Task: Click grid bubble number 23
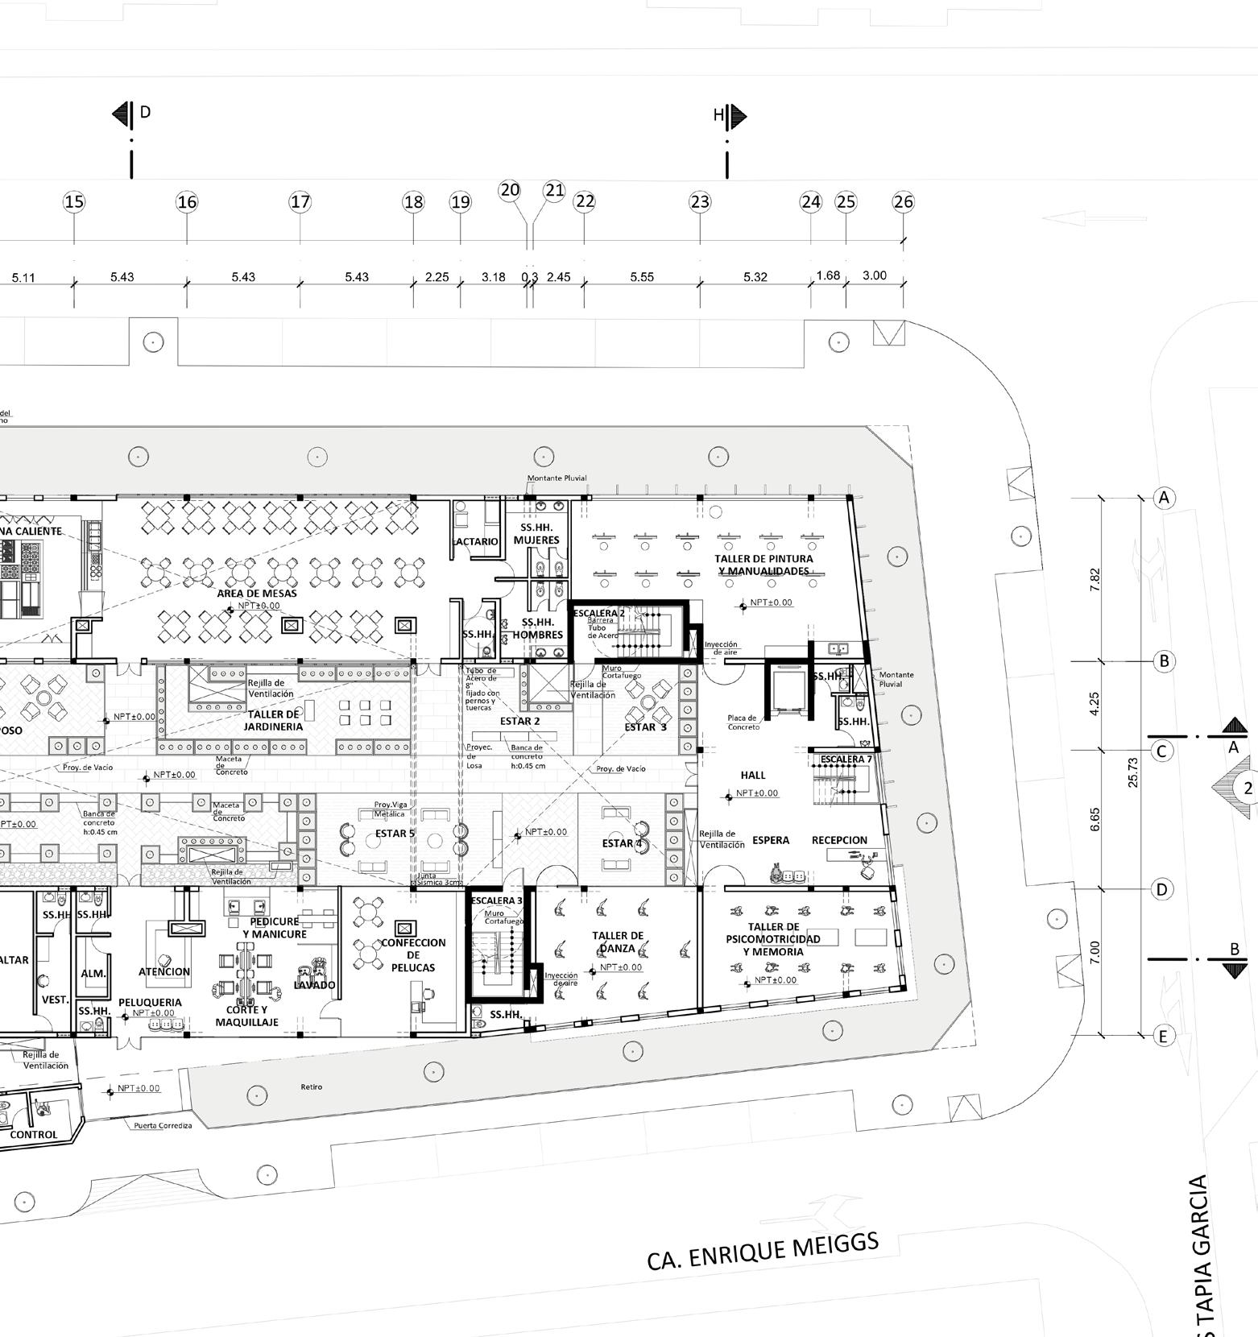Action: [700, 201]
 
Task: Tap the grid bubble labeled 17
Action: [300, 201]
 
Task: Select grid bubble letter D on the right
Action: [1161, 889]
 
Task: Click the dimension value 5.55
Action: [642, 277]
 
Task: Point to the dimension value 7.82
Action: [1095, 579]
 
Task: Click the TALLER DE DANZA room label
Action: [618, 942]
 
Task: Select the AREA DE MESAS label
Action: [257, 594]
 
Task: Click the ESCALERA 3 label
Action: [496, 900]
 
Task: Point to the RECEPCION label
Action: [839, 840]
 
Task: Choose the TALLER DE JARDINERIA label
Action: [275, 720]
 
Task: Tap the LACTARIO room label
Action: [477, 541]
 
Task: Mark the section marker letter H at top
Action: [718, 116]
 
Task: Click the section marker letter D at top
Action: [145, 112]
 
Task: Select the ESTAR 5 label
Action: [395, 834]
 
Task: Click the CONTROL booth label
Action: [34, 1135]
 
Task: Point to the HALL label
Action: [753, 775]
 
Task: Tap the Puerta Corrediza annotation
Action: [163, 1125]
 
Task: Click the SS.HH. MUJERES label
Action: [536, 534]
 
